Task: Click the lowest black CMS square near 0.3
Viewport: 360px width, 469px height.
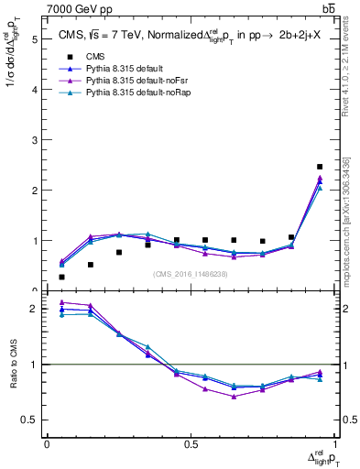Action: tap(61, 277)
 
